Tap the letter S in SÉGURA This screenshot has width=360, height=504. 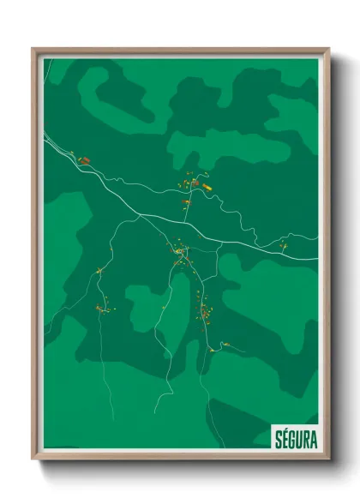(278, 436)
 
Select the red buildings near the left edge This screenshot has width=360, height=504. (83, 159)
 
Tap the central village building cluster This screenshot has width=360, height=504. (181, 252)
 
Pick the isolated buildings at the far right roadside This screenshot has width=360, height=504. (284, 246)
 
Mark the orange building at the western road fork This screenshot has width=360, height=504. (99, 272)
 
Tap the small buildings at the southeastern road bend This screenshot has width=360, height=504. (225, 344)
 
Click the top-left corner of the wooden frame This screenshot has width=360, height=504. (33, 50)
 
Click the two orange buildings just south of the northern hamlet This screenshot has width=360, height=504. (185, 202)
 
